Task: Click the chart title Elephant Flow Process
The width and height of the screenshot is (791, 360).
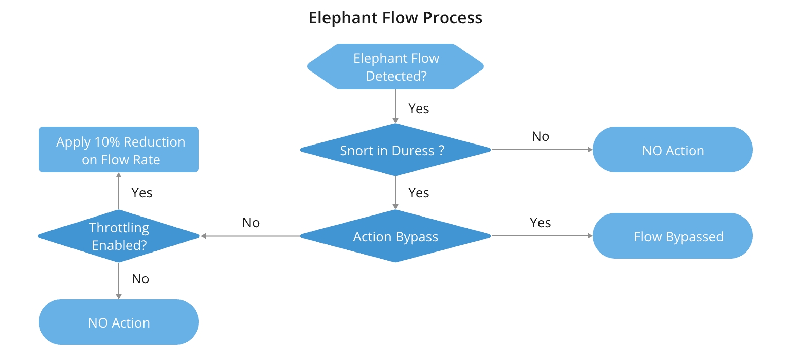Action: [395, 18]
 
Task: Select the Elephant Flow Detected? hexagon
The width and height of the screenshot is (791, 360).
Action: [395, 67]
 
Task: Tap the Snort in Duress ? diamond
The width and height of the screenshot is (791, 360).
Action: [395, 150]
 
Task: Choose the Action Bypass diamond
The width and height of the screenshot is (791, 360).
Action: [395, 236]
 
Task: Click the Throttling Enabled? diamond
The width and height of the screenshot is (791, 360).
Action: [119, 236]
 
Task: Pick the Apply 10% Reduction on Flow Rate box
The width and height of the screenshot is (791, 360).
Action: [119, 150]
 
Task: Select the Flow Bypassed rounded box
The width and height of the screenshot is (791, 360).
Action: [672, 236]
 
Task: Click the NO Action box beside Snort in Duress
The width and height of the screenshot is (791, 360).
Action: [672, 150]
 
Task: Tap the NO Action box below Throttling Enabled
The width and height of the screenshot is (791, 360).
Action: [119, 322]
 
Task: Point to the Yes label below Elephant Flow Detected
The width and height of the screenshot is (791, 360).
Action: [418, 109]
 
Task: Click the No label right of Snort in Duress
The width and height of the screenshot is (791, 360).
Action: [540, 136]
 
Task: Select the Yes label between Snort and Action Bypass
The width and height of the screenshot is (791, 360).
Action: [418, 193]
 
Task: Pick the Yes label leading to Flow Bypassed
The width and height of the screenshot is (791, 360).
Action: [540, 223]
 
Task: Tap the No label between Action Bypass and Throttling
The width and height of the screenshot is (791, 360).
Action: [251, 223]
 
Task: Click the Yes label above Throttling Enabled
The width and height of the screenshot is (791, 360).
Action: [141, 193]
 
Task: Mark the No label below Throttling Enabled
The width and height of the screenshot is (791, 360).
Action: [140, 279]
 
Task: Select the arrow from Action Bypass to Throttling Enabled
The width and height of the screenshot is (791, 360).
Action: [250, 236]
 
